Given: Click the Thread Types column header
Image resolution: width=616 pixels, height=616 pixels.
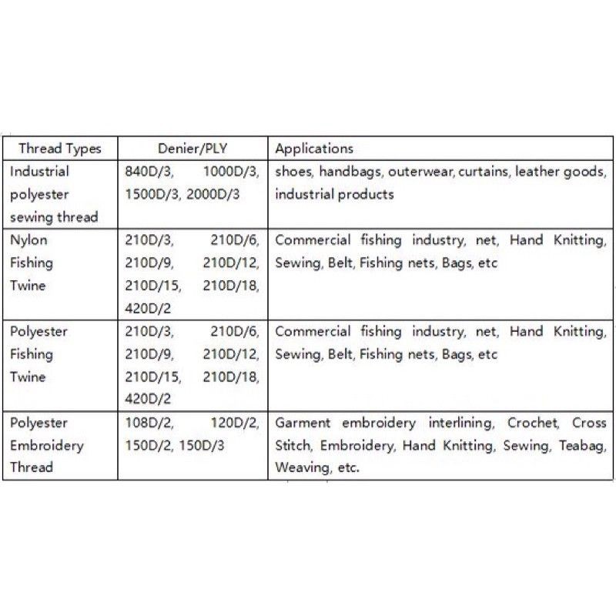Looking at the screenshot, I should (x=60, y=149).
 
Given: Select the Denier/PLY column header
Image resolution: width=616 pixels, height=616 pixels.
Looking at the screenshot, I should (x=192, y=149).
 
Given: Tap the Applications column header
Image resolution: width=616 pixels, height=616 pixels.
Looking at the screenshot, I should (x=314, y=149).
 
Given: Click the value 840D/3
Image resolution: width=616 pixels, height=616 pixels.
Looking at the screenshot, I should (x=146, y=172).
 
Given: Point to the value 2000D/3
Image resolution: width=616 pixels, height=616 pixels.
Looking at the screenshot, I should (x=213, y=194).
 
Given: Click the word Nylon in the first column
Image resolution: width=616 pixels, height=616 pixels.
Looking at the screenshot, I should (x=28, y=240).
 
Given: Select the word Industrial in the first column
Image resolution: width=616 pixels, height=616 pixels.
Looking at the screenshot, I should (x=39, y=172).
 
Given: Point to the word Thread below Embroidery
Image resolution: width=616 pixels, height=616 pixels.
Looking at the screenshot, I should (x=32, y=467).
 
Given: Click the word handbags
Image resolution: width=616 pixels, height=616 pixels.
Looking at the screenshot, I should (x=350, y=172).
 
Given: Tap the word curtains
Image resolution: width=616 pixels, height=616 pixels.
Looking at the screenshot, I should (x=484, y=172).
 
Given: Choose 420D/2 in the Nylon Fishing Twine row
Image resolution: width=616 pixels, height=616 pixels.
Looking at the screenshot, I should (x=146, y=308).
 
